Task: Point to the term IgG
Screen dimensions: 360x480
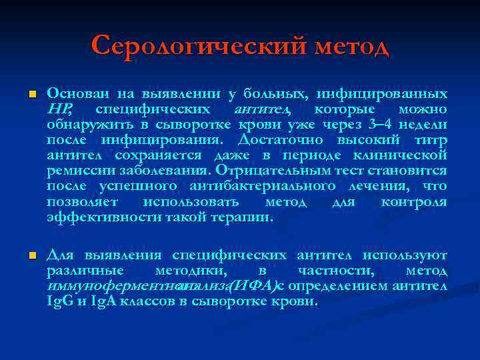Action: coord(57,301)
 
